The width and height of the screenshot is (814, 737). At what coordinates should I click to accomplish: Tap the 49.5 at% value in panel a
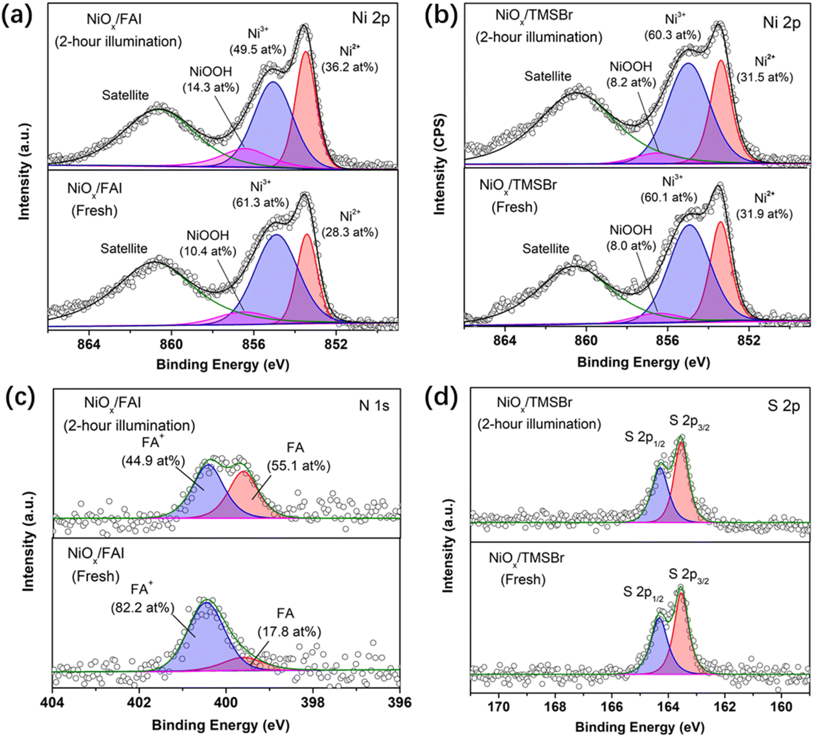click(257, 49)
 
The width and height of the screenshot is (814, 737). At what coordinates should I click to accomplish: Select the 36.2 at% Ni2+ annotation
click(350, 67)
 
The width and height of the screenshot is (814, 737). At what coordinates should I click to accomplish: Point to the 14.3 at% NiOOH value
click(211, 87)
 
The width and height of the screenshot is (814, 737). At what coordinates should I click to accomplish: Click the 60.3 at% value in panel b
click(672, 35)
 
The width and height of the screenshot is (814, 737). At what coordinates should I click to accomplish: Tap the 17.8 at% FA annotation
click(289, 631)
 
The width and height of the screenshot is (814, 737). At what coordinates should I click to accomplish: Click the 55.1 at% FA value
click(299, 465)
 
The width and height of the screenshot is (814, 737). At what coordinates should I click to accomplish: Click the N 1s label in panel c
click(374, 406)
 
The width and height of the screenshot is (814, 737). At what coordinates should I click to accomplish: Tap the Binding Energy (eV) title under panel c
click(221, 725)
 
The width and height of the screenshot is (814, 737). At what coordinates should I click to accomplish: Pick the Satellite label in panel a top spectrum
click(125, 95)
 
